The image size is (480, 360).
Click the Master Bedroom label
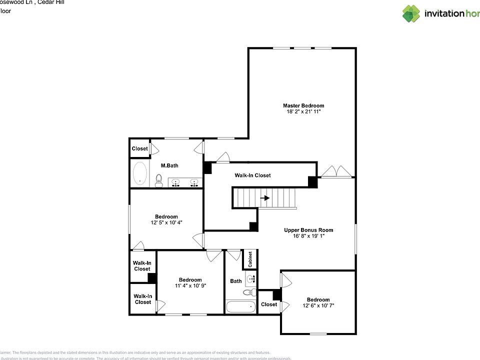click(303, 105)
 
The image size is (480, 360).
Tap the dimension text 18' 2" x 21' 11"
click(303, 112)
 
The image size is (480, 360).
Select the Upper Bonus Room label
click(308, 230)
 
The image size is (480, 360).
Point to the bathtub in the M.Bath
click(140, 173)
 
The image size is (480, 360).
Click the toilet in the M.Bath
click(159, 180)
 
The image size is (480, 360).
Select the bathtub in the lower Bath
click(240, 306)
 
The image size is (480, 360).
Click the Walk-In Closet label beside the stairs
click(252, 175)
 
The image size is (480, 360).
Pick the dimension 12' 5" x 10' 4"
click(166, 222)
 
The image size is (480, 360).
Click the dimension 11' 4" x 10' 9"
click(190, 286)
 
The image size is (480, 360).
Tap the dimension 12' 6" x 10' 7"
click(318, 305)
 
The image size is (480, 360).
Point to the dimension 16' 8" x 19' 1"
click(308, 236)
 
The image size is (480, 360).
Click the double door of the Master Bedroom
click(336, 172)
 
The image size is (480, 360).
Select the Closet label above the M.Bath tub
click(139, 148)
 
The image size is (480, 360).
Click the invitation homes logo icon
click(411, 13)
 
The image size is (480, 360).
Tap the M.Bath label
click(169, 165)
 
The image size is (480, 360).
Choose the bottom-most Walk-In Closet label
click(142, 299)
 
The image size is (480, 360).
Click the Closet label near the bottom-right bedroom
click(268, 304)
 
